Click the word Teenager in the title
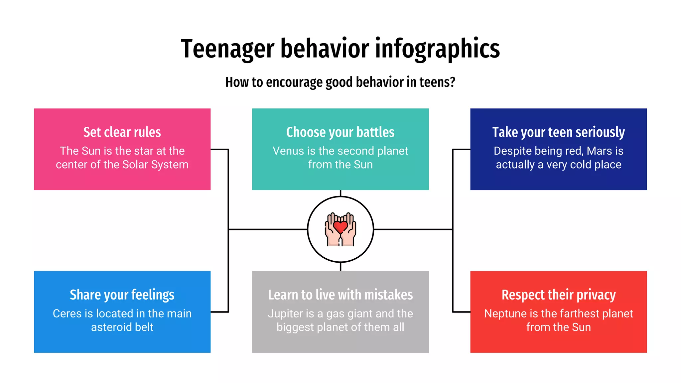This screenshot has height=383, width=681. point(227,49)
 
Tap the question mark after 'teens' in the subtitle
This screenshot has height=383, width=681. point(452,82)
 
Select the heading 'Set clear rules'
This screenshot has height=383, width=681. point(122,132)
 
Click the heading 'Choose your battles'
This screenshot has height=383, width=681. point(340,132)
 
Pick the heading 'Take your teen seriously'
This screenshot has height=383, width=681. point(558,132)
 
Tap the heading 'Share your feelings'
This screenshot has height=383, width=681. point(122,295)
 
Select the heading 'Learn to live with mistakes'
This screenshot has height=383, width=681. point(340,295)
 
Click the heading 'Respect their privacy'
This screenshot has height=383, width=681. point(558,295)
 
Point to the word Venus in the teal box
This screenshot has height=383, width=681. point(288,151)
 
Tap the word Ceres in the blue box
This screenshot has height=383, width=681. point(67,314)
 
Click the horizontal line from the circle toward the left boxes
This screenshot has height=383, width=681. point(268,229)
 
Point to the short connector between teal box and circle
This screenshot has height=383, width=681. point(340,193)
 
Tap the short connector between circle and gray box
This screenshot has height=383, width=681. point(340,267)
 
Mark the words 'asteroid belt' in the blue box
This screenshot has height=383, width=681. point(122,327)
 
